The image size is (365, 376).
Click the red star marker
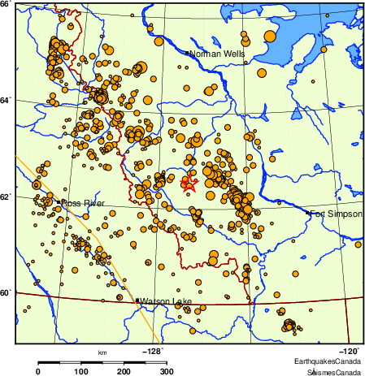[x=189, y=184]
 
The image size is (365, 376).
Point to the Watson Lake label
[x=166, y=302]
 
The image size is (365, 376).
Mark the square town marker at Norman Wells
[x=187, y=54]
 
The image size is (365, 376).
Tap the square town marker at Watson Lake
[x=137, y=301]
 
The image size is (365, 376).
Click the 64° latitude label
[x=6, y=100]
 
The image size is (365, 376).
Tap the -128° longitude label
[x=153, y=351]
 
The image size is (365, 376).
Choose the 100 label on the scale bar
[x=81, y=371]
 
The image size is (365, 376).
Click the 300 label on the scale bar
[x=167, y=371]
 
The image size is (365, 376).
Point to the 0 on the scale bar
[x=38, y=371]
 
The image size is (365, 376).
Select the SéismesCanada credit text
[x=333, y=371]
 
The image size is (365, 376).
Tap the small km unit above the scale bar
[x=102, y=352]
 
